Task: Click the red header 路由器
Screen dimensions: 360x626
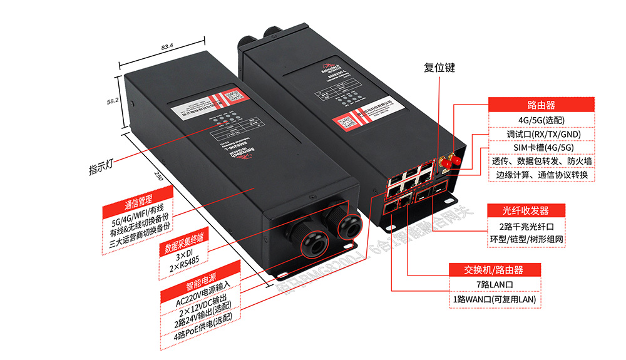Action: (541, 105)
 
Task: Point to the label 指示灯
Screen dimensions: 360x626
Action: (101, 167)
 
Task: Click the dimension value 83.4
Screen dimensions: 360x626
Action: (167, 47)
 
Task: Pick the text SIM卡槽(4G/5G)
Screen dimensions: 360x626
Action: (541, 148)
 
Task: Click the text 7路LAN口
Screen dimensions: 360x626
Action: (494, 285)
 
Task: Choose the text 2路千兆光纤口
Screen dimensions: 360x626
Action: (525, 225)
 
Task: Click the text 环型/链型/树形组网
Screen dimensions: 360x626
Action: (525, 239)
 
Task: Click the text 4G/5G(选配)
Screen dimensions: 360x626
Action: (541, 120)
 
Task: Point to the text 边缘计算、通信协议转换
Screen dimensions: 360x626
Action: (541, 175)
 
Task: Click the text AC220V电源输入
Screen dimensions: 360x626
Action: (203, 300)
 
